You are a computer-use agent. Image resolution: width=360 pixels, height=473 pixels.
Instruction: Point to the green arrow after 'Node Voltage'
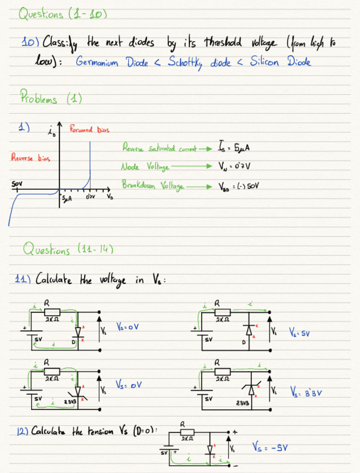click(x=192, y=166)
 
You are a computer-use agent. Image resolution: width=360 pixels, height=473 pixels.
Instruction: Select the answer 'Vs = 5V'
click(x=300, y=333)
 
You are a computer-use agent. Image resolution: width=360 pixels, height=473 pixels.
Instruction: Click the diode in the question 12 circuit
click(x=210, y=449)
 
